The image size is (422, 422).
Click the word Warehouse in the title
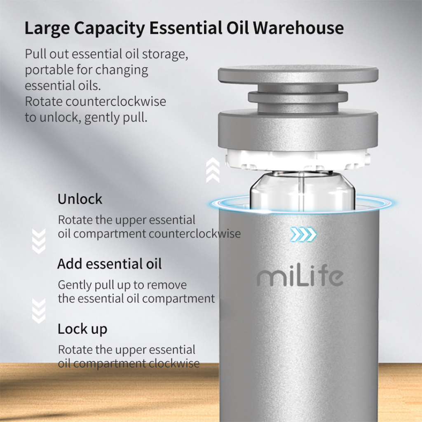298,28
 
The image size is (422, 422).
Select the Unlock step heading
80,199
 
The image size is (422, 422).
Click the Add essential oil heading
110,264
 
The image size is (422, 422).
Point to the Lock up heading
82,329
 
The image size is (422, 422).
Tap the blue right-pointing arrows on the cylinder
304,234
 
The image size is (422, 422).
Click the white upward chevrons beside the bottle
213,170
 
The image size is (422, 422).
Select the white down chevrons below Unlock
39,241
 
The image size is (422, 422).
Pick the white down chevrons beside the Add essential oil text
39,311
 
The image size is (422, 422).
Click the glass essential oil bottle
302,191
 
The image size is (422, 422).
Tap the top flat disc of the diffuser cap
298,74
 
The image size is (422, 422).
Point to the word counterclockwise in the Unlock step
195,234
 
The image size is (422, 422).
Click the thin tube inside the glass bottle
301,183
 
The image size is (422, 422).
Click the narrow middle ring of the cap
298,97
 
